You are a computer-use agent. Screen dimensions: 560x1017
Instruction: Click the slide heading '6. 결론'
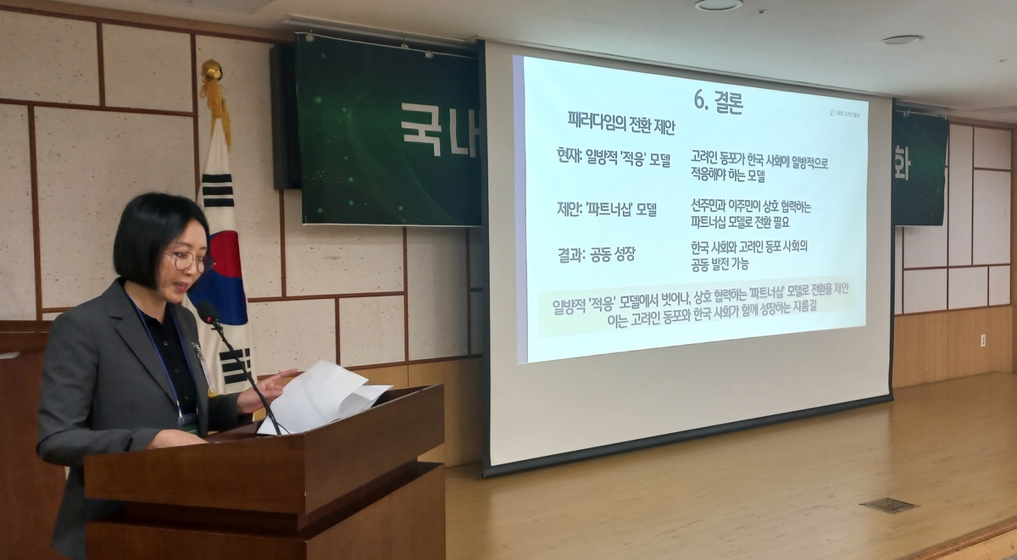(718, 101)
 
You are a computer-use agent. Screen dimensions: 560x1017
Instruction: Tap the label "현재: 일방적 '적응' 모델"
(609, 158)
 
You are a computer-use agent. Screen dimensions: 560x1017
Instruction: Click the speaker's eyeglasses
(188, 262)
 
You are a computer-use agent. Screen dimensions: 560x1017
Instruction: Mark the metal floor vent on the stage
(888, 505)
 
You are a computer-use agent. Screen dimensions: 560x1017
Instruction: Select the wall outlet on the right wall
(982, 340)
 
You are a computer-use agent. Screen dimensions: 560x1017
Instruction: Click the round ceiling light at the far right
(902, 40)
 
